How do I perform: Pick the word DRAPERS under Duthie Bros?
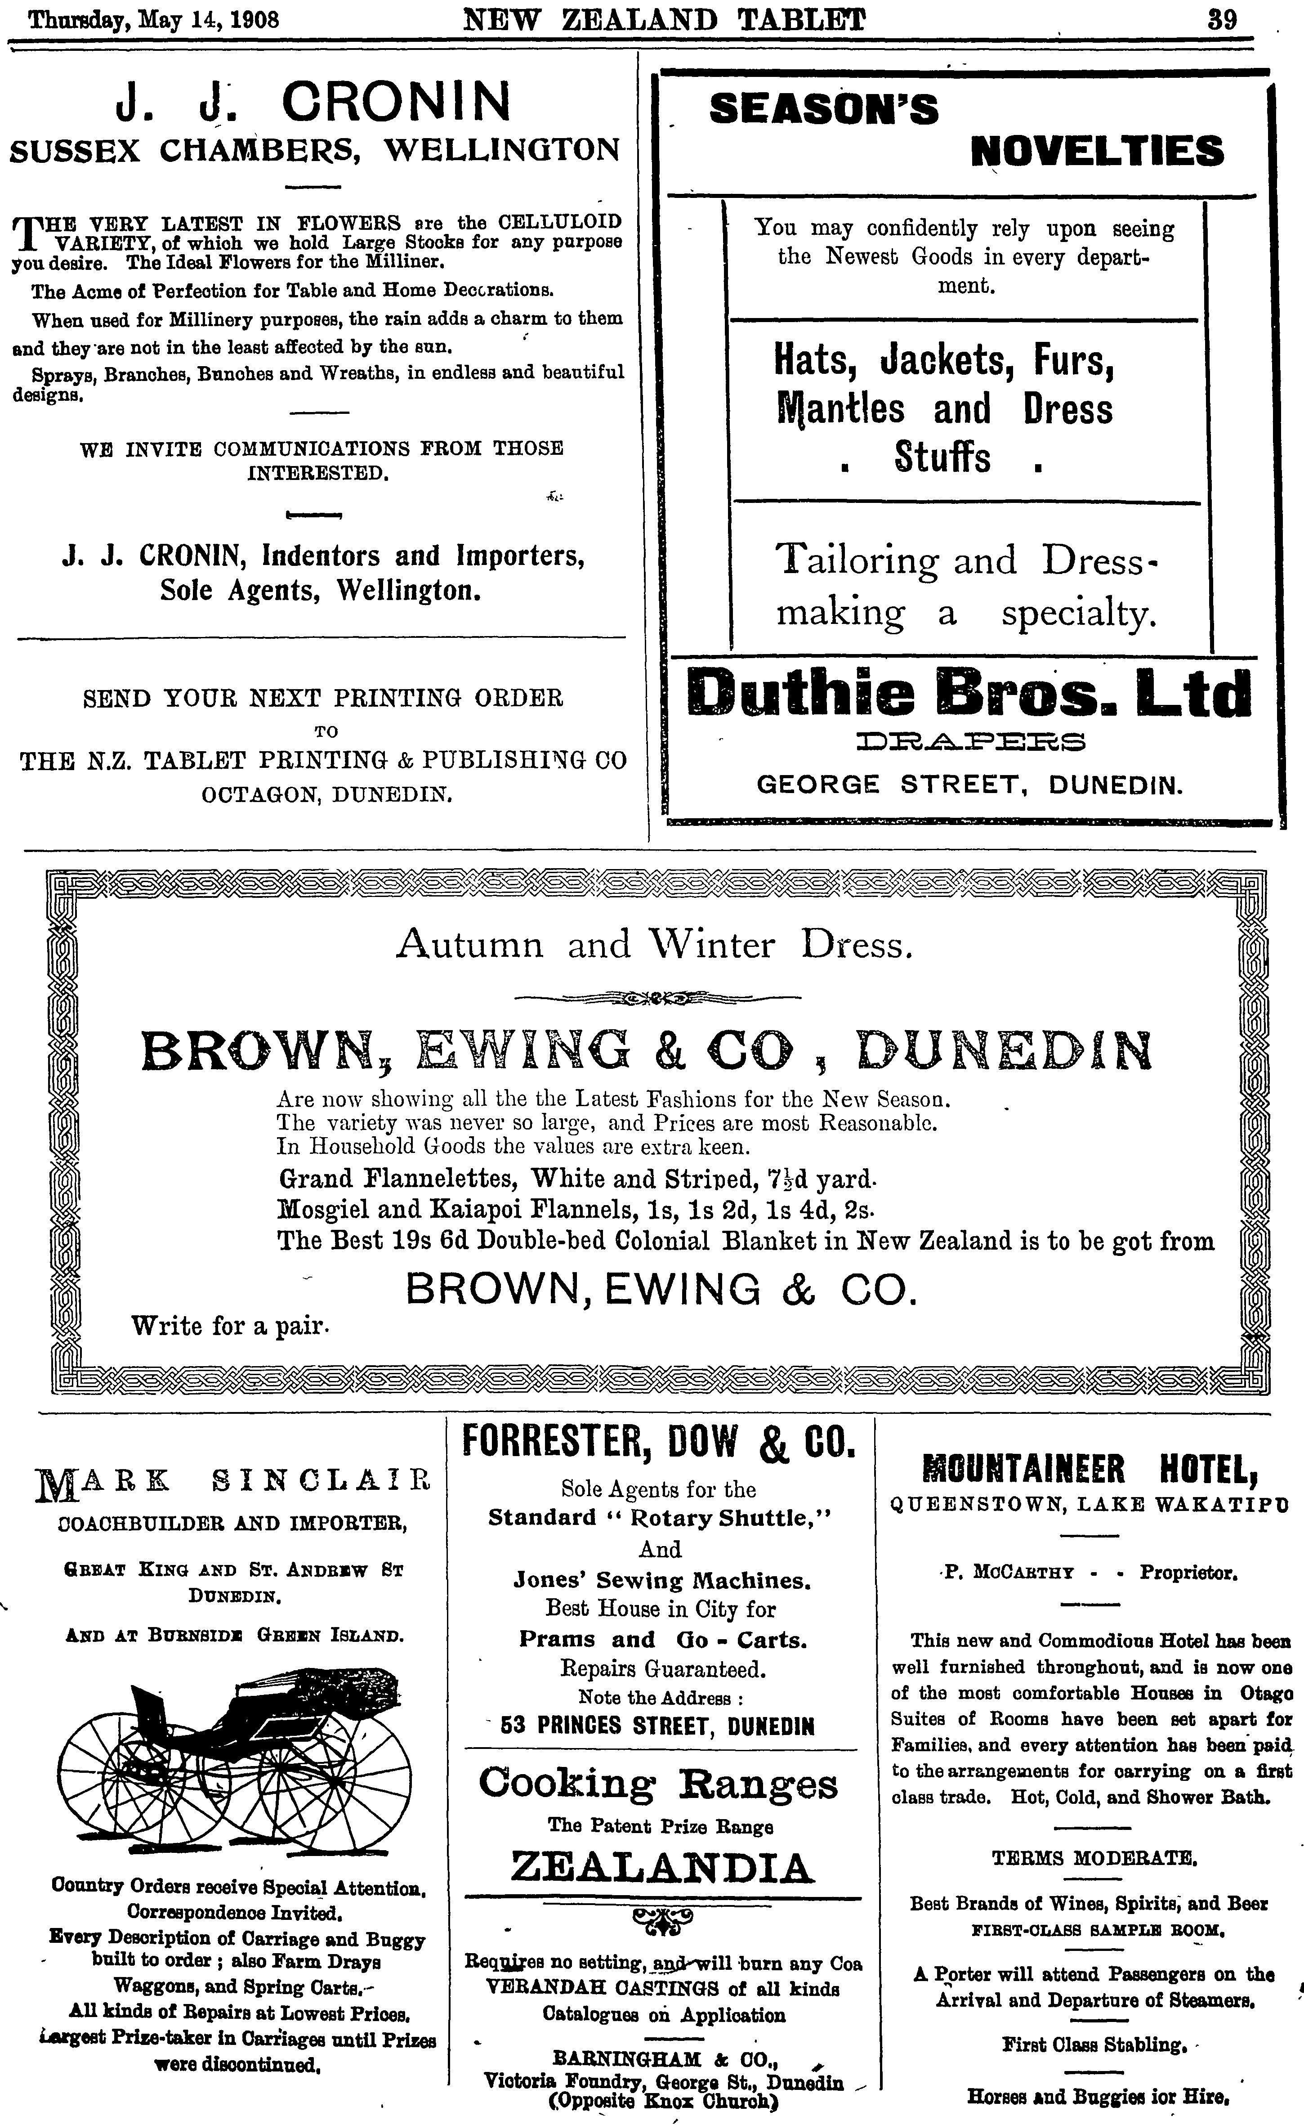[971, 741]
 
